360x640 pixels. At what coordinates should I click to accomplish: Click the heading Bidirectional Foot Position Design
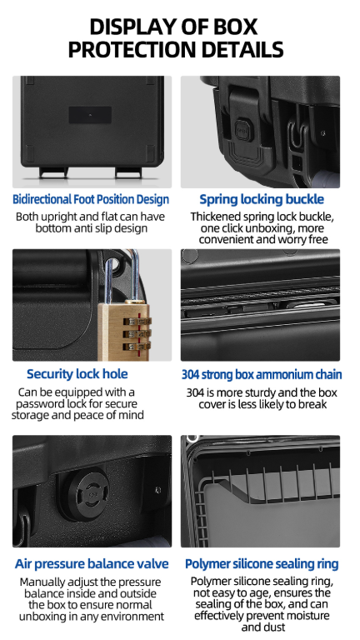tap(91, 200)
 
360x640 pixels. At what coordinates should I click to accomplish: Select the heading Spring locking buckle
tap(262, 200)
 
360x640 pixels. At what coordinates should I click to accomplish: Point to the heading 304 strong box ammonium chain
tap(262, 375)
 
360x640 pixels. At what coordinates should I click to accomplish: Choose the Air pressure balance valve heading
tap(92, 563)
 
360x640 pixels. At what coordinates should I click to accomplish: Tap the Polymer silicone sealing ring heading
tap(262, 564)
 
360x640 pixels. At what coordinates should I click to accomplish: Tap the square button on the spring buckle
tap(242, 128)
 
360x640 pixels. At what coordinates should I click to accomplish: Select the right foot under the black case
tap(125, 172)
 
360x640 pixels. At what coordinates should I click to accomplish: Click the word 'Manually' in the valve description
tap(42, 582)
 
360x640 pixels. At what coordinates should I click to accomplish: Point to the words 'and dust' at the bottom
tap(261, 627)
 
